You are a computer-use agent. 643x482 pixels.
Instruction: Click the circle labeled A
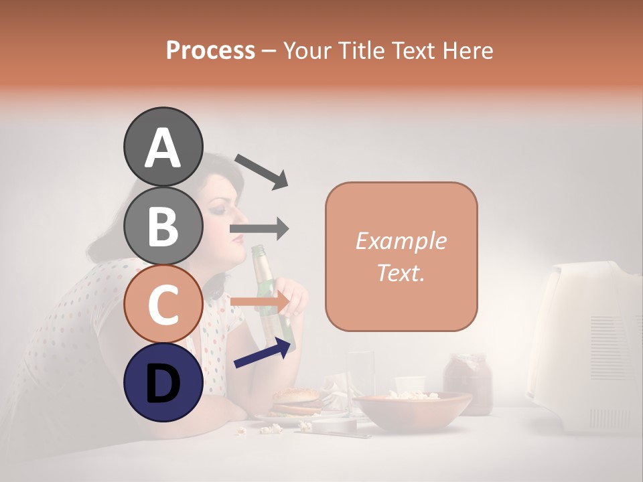click(x=163, y=147)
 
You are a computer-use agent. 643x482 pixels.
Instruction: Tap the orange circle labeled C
click(x=163, y=304)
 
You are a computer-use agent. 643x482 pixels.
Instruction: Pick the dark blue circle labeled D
click(x=163, y=383)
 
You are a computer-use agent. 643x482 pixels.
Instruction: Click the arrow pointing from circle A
click(x=261, y=170)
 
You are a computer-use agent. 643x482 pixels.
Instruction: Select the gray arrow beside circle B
click(x=259, y=229)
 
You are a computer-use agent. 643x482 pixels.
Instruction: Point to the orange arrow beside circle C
click(x=259, y=303)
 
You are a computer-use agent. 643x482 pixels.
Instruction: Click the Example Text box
click(x=401, y=256)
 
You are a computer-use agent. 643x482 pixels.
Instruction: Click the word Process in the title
click(x=210, y=50)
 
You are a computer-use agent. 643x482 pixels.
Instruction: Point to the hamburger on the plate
click(x=295, y=402)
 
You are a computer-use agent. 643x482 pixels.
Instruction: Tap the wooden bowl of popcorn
click(x=412, y=410)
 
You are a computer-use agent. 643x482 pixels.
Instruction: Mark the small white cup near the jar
click(x=410, y=385)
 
